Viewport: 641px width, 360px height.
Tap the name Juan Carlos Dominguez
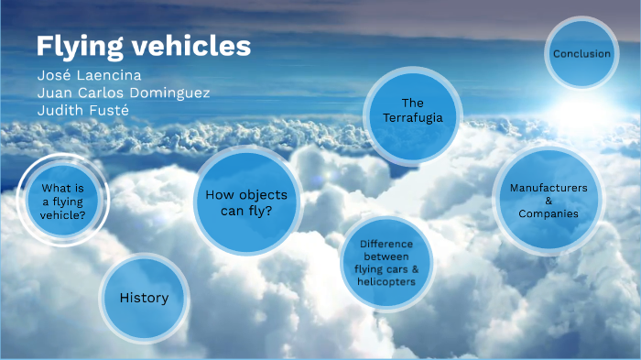pos(125,92)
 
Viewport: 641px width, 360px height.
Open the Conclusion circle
pos(581,54)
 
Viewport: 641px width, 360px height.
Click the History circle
pos(144,298)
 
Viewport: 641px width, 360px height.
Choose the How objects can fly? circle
pos(246,202)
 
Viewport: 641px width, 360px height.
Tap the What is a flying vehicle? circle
pos(64,202)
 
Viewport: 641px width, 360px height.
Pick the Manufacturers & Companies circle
pos(549,201)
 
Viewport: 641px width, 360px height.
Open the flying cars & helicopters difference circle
pos(386,263)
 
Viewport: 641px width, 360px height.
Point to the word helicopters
pos(386,281)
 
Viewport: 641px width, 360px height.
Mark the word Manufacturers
pos(549,187)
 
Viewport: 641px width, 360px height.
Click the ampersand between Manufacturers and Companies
pos(549,201)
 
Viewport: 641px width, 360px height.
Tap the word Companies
pos(549,213)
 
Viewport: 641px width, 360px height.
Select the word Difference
pos(386,244)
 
